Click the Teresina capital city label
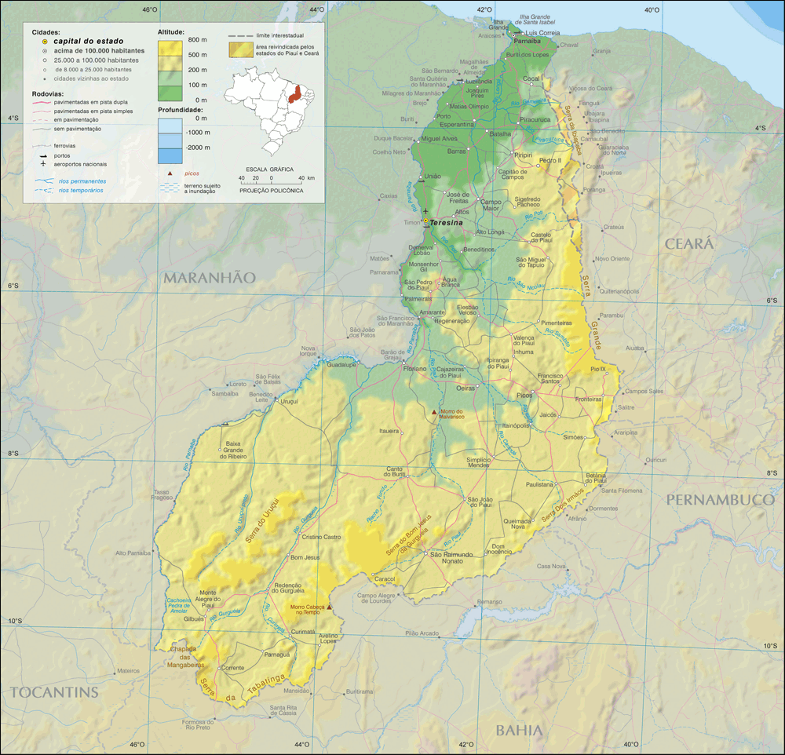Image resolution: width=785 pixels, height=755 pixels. pos(447,223)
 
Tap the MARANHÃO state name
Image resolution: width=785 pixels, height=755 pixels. pos(210,278)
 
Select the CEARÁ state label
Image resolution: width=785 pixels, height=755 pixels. pos(689,244)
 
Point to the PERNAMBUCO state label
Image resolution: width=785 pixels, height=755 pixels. pos(720,500)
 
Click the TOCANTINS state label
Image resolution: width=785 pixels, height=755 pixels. pos(54,691)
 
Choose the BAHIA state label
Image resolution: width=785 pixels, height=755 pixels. pos(519,731)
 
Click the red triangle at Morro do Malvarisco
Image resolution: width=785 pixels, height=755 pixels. pos(435,411)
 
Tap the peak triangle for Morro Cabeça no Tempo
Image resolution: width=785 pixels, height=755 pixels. pos(330,607)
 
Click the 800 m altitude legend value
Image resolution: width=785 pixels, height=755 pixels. pos(198,39)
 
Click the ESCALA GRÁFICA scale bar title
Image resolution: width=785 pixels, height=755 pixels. pos(271,169)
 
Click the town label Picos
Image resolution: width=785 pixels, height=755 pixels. pos(524,396)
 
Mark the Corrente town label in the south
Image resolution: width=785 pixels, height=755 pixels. pos(233,668)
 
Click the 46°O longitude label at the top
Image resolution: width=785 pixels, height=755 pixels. pos(149,9)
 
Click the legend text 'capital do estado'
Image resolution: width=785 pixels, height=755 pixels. pos(88,40)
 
